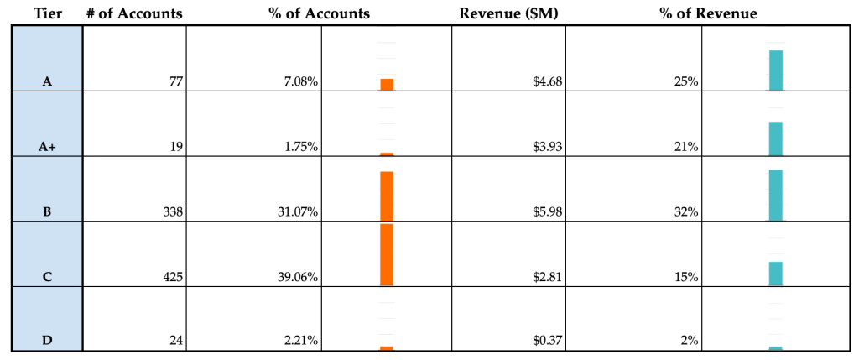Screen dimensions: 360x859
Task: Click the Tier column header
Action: [47, 13]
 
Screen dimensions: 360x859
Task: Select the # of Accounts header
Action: [134, 13]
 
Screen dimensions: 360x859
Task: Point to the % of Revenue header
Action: [709, 13]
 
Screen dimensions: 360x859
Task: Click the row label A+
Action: [47, 147]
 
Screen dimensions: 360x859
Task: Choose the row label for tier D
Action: [47, 341]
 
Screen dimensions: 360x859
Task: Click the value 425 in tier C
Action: [172, 277]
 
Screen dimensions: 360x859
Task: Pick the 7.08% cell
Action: [300, 82]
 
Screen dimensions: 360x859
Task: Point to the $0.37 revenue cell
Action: [547, 341]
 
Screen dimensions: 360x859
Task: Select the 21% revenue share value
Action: [689, 147]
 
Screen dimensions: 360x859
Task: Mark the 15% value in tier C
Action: [689, 277]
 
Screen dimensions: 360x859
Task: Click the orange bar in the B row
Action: [387, 196]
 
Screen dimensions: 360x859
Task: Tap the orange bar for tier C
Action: [387, 254]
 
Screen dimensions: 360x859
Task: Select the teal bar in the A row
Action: [776, 70]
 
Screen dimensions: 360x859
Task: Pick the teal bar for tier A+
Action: [776, 138]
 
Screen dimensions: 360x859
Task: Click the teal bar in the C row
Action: [776, 274]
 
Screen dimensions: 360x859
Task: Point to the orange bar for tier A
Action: [387, 84]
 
